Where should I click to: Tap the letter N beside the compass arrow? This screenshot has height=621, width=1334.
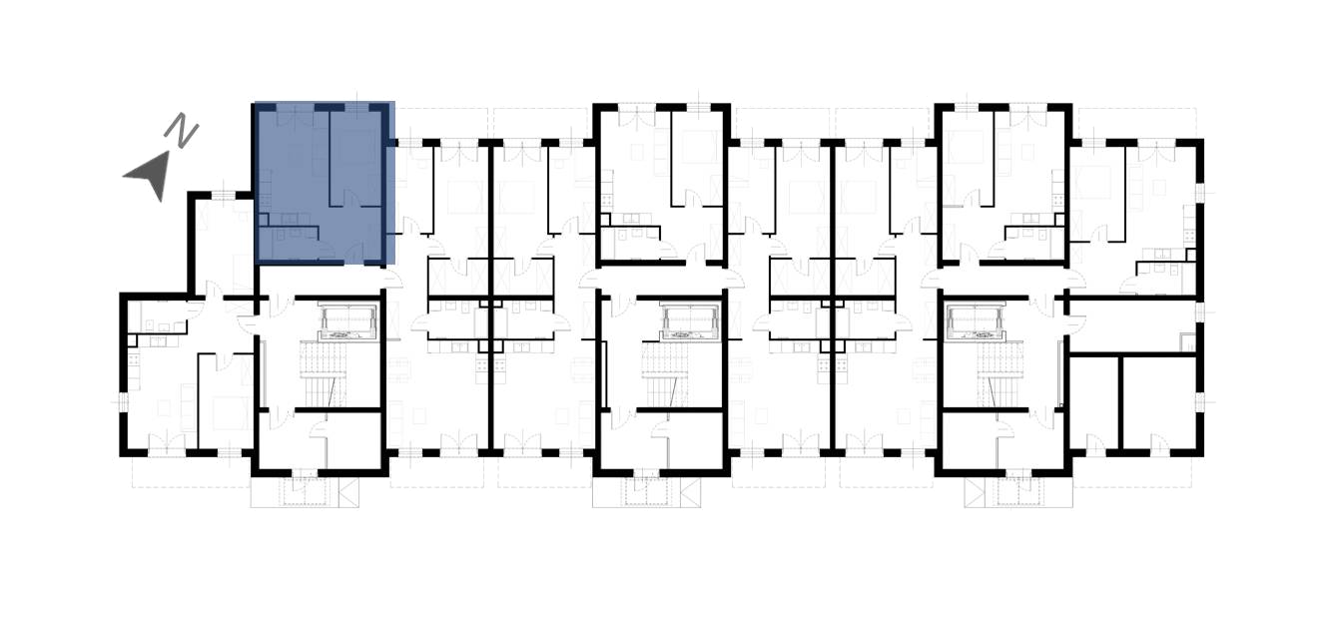[181, 130]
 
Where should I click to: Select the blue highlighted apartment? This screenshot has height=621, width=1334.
[325, 183]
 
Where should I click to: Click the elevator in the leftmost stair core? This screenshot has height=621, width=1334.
[349, 322]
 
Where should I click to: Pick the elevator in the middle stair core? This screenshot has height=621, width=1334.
[690, 322]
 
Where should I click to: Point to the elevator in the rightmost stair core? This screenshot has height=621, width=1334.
[976, 322]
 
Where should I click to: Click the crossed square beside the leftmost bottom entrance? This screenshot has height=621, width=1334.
[348, 492]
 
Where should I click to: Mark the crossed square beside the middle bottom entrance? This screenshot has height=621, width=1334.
[690, 492]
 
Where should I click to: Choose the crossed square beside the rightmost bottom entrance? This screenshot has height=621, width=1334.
[975, 492]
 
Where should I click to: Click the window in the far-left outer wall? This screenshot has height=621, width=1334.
[123, 403]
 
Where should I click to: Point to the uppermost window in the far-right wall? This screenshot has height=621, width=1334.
[1200, 192]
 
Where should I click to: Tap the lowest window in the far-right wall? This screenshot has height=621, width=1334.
[1200, 403]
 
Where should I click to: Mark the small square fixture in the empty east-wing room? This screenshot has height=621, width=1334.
[1187, 341]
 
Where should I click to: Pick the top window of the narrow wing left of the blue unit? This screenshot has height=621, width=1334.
[225, 195]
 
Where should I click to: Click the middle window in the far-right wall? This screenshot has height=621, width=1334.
[1200, 311]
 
